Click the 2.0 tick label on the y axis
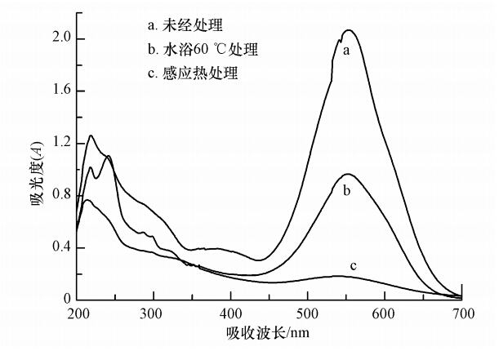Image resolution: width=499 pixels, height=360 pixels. (61, 39)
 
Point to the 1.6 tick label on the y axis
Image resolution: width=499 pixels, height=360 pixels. (61, 91)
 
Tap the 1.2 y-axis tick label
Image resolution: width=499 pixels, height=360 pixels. (61, 144)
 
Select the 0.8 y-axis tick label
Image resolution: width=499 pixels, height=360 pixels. (61, 196)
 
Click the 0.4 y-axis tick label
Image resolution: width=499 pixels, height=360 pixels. (61, 248)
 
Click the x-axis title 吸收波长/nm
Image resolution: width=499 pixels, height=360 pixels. (270, 334)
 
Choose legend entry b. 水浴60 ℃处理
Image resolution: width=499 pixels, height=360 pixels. (194, 51)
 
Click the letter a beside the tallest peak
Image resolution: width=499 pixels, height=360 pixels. (346, 51)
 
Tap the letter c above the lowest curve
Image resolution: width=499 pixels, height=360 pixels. (354, 265)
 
